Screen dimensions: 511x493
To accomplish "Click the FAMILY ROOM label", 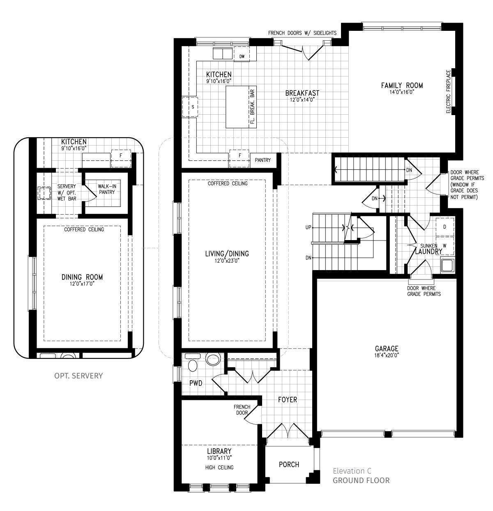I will [401, 86].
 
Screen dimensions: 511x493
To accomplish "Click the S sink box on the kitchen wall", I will [192, 107].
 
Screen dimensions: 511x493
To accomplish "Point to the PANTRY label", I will [263, 160].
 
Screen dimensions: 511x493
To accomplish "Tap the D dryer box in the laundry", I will [445, 227].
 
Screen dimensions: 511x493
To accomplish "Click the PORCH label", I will [289, 465].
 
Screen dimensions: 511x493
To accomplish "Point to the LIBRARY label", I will [219, 451].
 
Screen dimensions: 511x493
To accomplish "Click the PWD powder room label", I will [196, 383].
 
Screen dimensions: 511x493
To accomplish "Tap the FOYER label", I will [287, 400].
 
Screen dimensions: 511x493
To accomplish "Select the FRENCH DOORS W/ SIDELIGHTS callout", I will [302, 33].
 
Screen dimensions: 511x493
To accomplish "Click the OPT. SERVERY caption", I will [78, 375].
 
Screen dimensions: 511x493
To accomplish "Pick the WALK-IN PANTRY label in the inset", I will [107, 189].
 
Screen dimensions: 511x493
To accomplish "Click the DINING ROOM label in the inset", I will [82, 277].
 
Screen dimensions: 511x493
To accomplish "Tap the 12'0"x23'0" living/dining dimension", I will [227, 260].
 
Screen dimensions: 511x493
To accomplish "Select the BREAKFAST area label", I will [302, 93].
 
